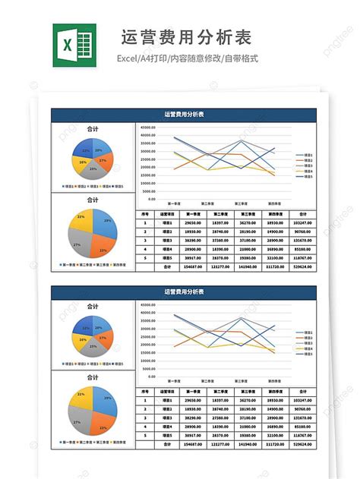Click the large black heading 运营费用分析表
(186, 38)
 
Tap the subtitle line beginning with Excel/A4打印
(186, 58)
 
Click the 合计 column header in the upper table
(302, 214)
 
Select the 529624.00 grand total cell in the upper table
(302, 266)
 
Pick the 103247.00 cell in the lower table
(302, 400)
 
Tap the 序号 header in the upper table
(144, 214)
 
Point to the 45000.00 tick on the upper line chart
(148, 128)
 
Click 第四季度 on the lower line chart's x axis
(276, 380)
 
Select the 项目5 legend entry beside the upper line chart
(306, 176)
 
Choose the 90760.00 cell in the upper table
(302, 232)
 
